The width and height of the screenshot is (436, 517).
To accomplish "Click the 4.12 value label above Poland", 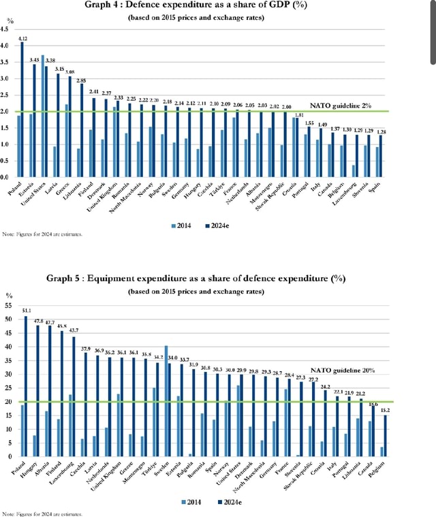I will coord(23,39).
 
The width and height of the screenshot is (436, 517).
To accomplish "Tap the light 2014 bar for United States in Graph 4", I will coord(43,116).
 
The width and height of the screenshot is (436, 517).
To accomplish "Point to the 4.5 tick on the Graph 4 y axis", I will coord(6,29).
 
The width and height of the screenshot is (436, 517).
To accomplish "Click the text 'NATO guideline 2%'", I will coord(340,106).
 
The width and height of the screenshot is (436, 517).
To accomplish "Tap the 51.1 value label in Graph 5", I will coord(27,310).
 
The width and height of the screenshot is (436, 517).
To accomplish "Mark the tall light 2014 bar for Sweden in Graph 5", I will coord(166,401).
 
